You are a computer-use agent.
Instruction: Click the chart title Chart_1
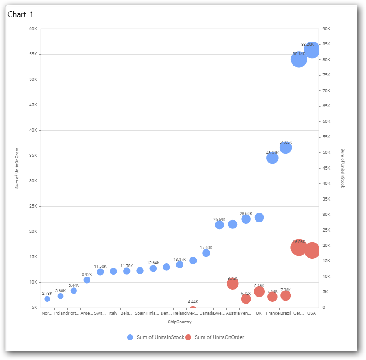pyautogui.click(x=21, y=14)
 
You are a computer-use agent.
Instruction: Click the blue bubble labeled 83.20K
pyautogui.click(x=312, y=51)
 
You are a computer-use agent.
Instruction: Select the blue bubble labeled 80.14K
pyautogui.click(x=299, y=59)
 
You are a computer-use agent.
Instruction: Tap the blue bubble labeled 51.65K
pyautogui.click(x=286, y=148)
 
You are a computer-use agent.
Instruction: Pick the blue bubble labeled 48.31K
pyautogui.click(x=273, y=158)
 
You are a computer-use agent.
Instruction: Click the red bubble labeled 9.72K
pyautogui.click(x=233, y=284)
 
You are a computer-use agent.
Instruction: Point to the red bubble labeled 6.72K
pyautogui.click(x=246, y=299)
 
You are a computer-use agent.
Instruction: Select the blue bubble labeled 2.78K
pyautogui.click(x=47, y=299)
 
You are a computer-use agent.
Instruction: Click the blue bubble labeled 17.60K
pyautogui.click(x=206, y=253)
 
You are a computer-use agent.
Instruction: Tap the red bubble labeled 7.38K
pyautogui.click(x=286, y=296)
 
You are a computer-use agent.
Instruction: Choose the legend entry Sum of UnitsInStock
pyautogui.click(x=156, y=337)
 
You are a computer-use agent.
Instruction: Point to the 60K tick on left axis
pyautogui.click(x=33, y=29)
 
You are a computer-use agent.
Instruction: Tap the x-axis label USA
pyautogui.click(x=311, y=313)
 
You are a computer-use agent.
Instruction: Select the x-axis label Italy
pyautogui.click(x=114, y=313)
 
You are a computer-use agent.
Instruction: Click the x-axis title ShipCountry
pyautogui.click(x=180, y=322)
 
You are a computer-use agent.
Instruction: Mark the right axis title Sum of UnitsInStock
pyautogui.click(x=342, y=168)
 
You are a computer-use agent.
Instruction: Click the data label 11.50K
pyautogui.click(x=100, y=267)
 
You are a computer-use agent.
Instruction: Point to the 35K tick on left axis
pyautogui.click(x=33, y=156)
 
